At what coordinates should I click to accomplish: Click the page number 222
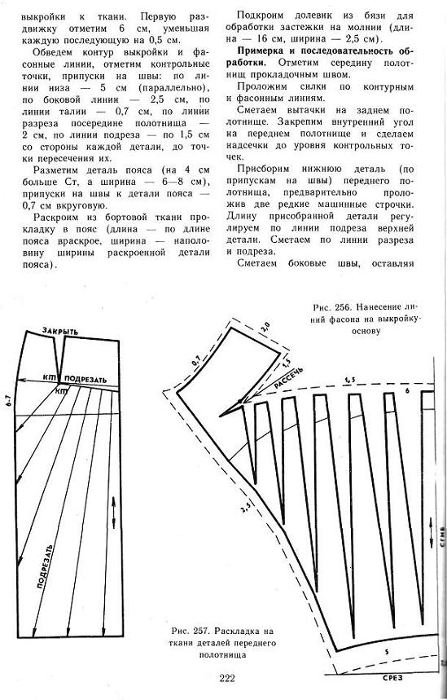coord(227,679)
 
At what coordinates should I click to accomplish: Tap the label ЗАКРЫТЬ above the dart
coord(60,331)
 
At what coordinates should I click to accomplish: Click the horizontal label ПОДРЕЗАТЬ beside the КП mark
coord(85,380)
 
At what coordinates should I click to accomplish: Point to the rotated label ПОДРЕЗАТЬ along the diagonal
coord(45,567)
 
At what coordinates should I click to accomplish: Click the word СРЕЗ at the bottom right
coord(392,678)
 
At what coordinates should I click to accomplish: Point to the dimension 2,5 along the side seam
coord(244,507)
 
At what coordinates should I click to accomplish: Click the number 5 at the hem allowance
coord(387,652)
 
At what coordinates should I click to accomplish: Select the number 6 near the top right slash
coord(407,391)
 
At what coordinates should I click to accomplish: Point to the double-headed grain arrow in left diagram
coord(113,512)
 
